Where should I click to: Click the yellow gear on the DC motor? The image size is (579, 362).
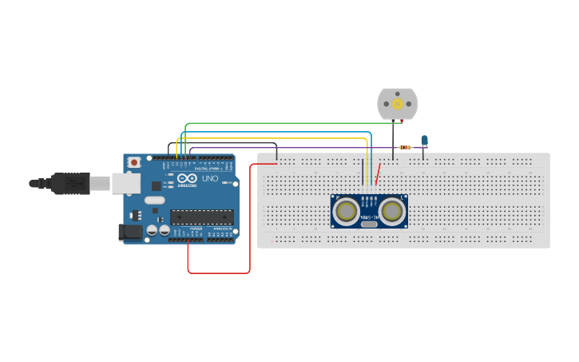(397, 104)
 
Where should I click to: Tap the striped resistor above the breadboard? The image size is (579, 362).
(405, 147)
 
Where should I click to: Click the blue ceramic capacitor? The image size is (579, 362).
(424, 140)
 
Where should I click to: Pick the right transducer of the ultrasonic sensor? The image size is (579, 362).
(391, 211)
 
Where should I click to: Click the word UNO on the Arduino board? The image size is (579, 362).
(208, 179)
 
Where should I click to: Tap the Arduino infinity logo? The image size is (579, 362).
(183, 179)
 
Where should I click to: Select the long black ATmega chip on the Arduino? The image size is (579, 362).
(201, 217)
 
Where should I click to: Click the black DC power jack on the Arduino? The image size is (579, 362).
(130, 232)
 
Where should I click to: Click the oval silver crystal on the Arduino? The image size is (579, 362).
(155, 200)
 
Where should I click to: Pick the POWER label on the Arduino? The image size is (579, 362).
(196, 229)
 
